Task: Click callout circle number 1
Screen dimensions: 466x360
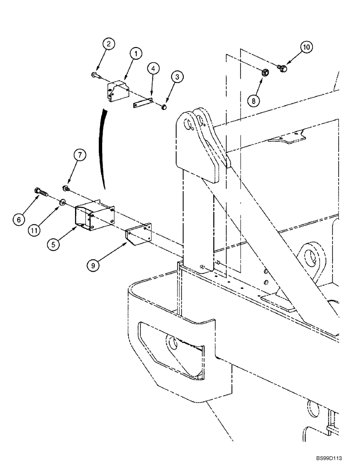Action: (x=136, y=54)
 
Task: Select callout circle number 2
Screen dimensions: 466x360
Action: (x=108, y=44)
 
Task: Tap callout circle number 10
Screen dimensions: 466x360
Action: (x=306, y=47)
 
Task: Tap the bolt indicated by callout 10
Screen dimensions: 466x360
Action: (x=281, y=69)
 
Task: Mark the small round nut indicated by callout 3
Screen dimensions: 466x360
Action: (x=164, y=108)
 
